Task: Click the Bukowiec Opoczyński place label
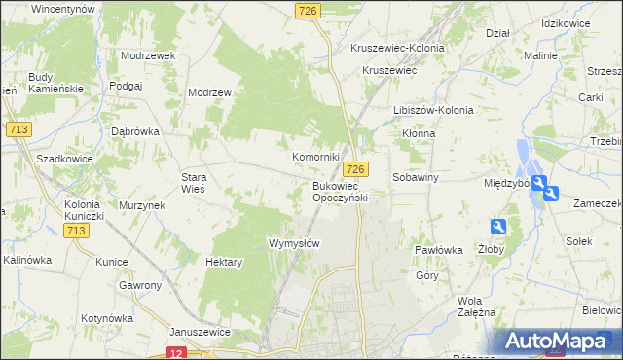[339, 191]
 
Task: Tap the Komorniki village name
[315, 156]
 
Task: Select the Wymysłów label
[294, 243]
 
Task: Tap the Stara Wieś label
[194, 183]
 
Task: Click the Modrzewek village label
[148, 55]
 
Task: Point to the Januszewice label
[199, 332]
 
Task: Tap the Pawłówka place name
[437, 250]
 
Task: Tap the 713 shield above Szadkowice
[18, 129]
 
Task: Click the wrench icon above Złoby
[498, 227]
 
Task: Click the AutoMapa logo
[560, 342]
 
